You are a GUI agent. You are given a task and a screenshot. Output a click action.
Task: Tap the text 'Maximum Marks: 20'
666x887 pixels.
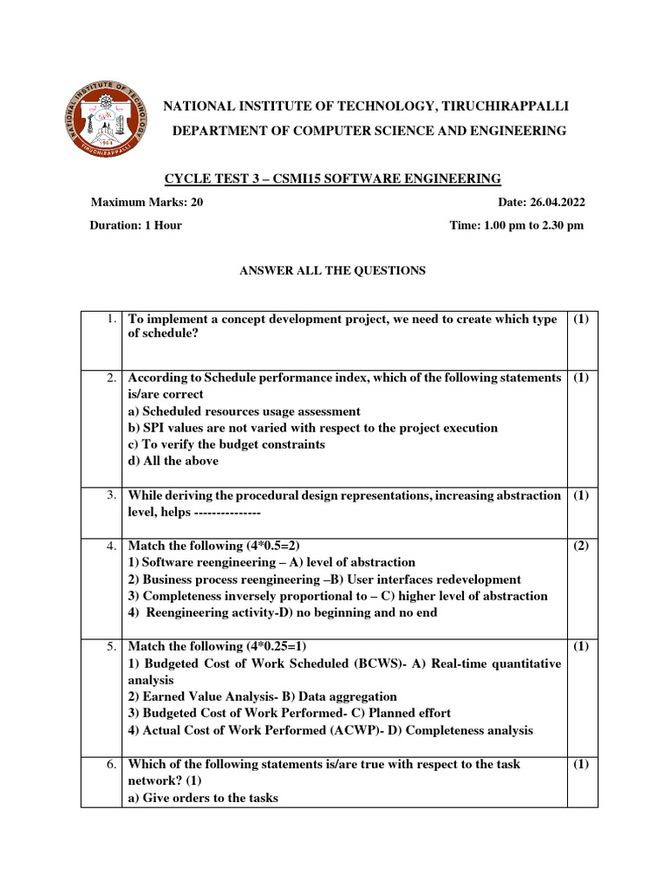147,203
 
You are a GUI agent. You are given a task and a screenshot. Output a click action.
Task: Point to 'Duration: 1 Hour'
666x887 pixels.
136,225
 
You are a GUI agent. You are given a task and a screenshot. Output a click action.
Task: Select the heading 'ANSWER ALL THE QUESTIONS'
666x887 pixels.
332,270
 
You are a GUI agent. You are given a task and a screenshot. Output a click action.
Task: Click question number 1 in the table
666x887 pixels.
112,320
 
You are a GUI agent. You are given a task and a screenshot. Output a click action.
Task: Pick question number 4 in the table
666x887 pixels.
112,546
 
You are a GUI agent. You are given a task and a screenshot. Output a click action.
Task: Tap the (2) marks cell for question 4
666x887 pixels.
580,546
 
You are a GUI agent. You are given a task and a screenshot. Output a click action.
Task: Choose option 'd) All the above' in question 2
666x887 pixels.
173,461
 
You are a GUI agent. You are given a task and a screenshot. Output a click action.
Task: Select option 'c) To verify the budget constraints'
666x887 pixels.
226,444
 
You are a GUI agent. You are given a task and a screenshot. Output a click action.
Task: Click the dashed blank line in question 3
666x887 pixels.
223,512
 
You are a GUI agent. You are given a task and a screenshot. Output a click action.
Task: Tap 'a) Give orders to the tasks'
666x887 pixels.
203,798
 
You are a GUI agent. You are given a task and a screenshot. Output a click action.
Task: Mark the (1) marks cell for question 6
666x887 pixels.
580,764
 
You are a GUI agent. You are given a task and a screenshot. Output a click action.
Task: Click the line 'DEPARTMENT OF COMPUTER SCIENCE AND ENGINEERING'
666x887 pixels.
369,131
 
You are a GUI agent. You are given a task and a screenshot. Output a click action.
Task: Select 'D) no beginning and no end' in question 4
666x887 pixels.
364,612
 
